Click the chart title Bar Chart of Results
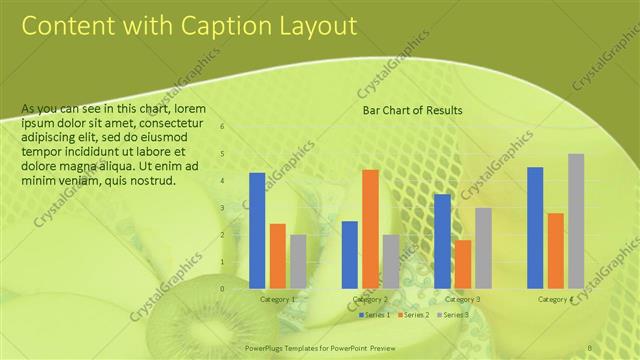(x=412, y=110)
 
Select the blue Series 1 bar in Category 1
(x=257, y=230)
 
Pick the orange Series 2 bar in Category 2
(x=370, y=228)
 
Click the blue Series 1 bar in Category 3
(x=442, y=240)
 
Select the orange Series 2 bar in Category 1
(x=278, y=255)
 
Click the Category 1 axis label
(x=278, y=299)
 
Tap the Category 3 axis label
(x=462, y=299)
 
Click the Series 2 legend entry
(x=413, y=315)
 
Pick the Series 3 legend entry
(x=453, y=315)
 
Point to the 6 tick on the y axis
(x=223, y=127)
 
